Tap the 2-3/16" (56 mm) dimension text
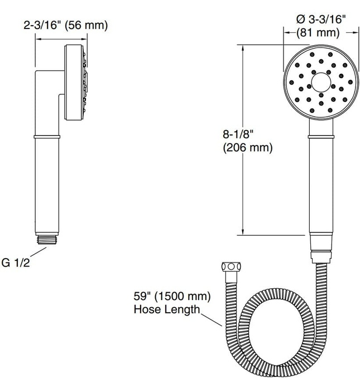[66, 26]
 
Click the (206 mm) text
[248, 148]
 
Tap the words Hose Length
[166, 308]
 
